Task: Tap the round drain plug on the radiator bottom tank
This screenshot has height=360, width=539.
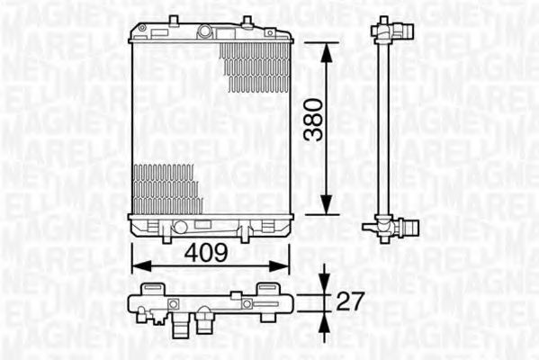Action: (180, 227)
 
